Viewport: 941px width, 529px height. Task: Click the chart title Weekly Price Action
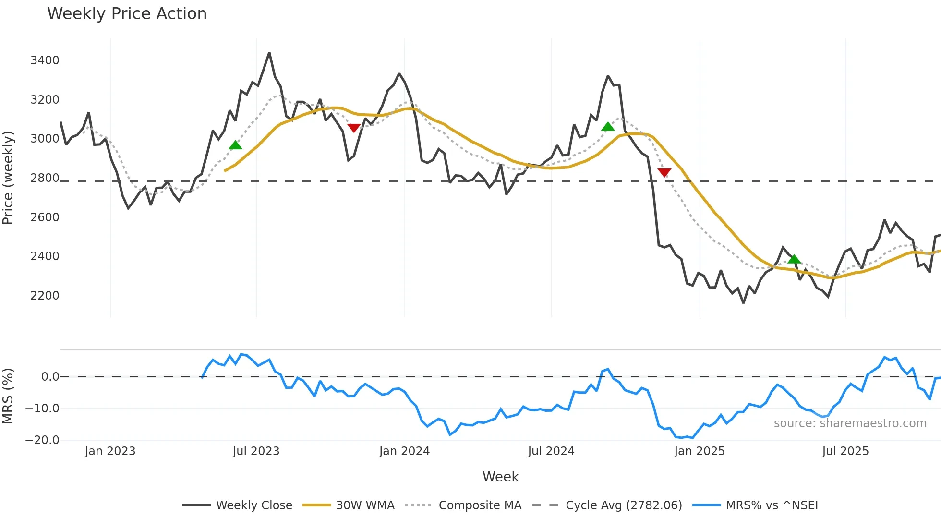(127, 14)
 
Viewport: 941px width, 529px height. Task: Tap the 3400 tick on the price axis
(45, 60)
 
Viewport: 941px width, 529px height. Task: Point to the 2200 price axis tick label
(45, 296)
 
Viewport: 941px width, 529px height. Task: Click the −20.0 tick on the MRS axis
(42, 440)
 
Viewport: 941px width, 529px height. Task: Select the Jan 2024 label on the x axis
(404, 451)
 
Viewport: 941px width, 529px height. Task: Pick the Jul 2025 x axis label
(845, 451)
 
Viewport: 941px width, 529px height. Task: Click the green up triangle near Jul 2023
(235, 145)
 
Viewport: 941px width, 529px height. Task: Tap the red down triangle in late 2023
(354, 128)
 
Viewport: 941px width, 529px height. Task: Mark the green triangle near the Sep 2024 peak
(608, 127)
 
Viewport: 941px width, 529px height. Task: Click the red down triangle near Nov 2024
(664, 172)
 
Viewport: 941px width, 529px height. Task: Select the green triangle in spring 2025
(794, 259)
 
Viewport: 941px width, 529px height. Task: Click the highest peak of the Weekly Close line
(269, 53)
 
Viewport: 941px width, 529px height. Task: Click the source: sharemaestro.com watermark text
(850, 423)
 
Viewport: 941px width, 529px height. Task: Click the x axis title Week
(500, 477)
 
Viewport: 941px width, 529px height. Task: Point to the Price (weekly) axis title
(8, 178)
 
